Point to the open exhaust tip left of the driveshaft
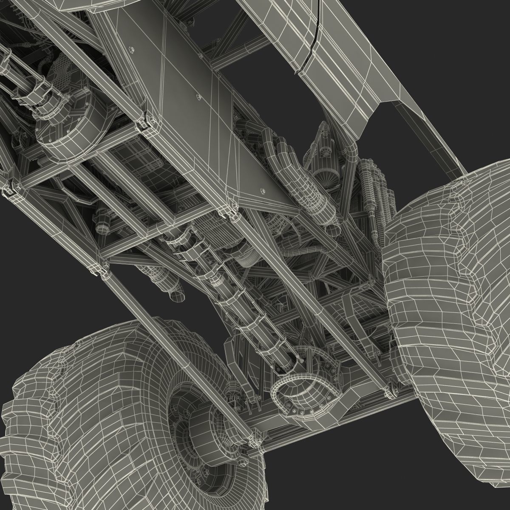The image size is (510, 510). coord(178,293)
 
